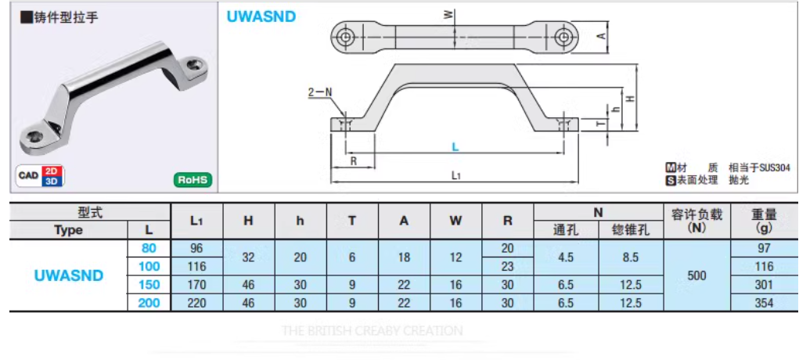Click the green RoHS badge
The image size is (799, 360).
(193, 179)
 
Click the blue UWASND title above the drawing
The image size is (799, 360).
(261, 16)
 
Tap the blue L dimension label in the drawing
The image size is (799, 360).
(455, 146)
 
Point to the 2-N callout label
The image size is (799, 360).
(319, 92)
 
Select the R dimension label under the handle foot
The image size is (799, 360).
(354, 161)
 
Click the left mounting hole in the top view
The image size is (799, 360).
(345, 36)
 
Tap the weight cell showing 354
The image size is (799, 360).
(764, 304)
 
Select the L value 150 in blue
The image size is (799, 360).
(148, 285)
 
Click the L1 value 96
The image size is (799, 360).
(196, 248)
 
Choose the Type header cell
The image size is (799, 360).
(69, 230)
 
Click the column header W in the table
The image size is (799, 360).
(455, 221)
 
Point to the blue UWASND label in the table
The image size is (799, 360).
(69, 275)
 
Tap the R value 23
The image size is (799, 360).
(508, 267)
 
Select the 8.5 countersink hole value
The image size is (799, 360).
(631, 257)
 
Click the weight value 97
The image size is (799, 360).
(764, 248)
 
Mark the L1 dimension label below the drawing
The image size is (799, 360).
(456, 176)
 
